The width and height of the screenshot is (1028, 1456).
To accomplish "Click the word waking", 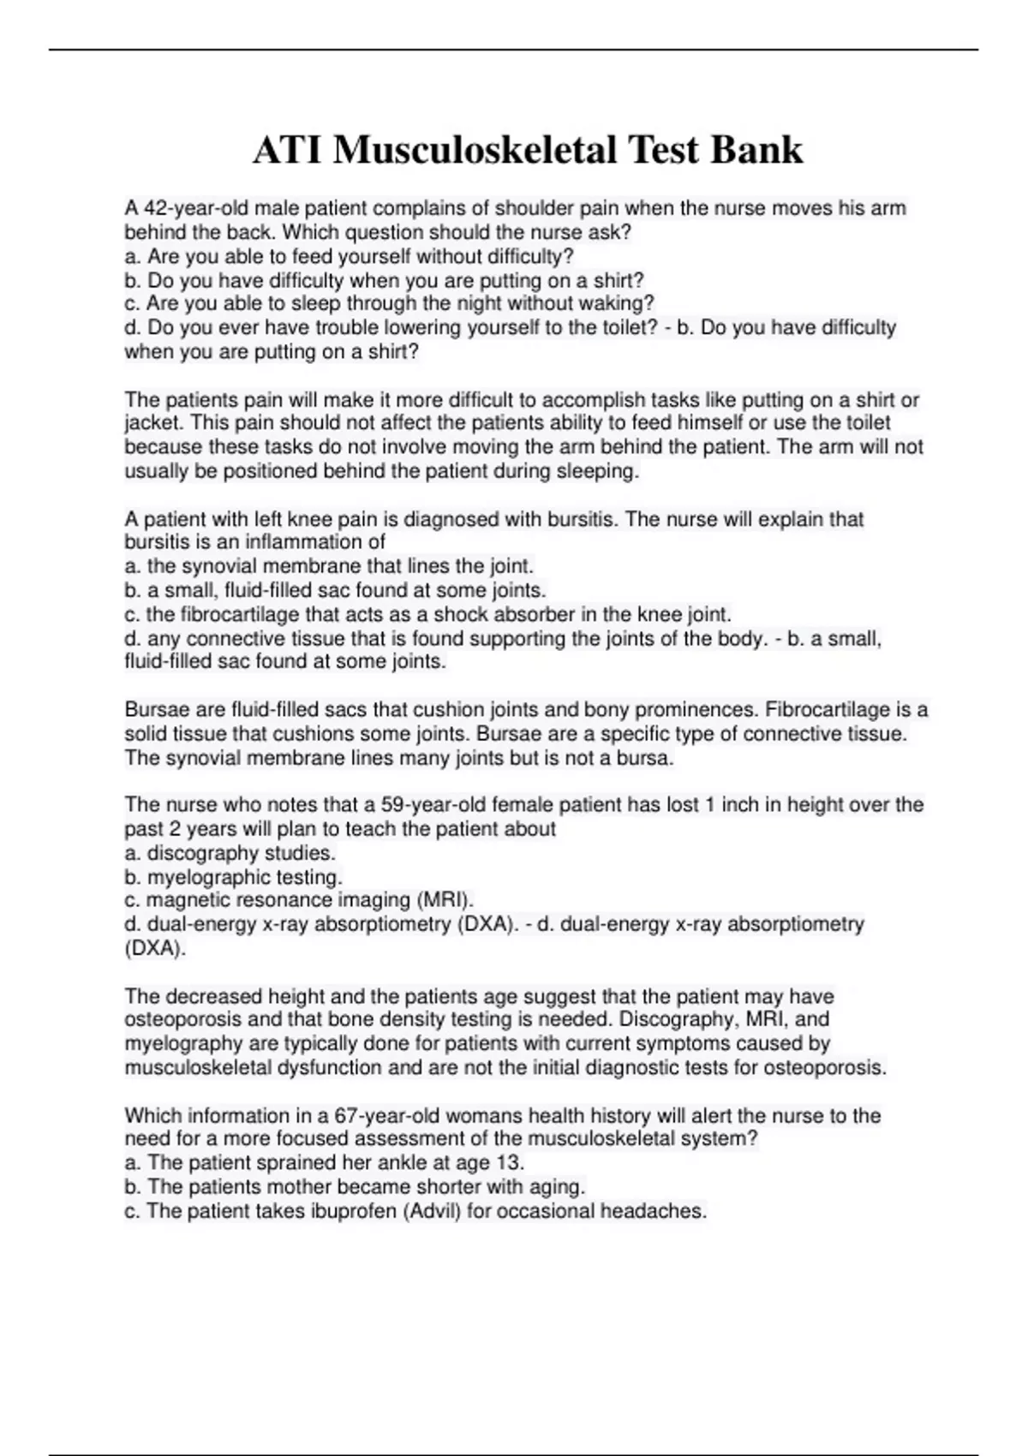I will pyautogui.click(x=624, y=303).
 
